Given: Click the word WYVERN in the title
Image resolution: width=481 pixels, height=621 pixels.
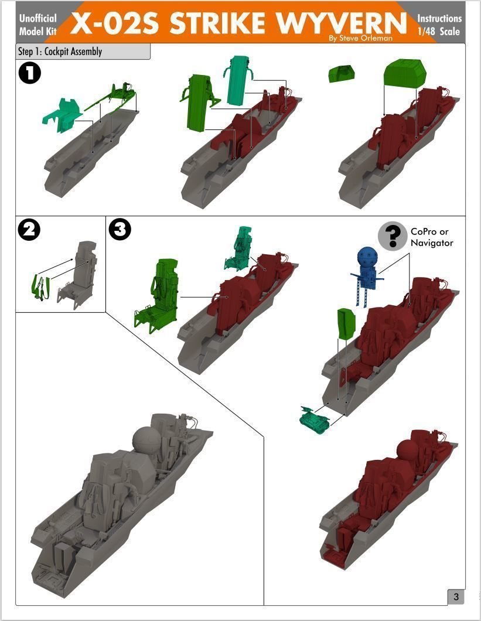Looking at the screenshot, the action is point(342,23).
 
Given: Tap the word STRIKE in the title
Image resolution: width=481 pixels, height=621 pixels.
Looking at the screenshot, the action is point(217,23).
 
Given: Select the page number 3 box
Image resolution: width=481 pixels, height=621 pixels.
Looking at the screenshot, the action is point(456,597).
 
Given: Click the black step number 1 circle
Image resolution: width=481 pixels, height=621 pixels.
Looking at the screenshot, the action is point(30,73).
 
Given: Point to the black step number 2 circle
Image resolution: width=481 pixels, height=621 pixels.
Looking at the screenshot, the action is point(29,230).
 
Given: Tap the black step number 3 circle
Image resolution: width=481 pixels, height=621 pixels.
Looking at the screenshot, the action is point(120,230).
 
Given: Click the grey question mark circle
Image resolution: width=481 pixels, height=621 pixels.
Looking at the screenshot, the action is point(393,236).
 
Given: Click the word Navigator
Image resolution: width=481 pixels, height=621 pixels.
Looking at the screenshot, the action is point(431,243).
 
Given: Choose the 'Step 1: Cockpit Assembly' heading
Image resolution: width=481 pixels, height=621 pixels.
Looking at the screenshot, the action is point(60,52).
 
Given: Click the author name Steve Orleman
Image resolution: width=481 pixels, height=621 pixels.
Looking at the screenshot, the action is point(366,39).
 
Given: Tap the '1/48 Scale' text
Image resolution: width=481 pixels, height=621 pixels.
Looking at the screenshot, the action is point(439,31).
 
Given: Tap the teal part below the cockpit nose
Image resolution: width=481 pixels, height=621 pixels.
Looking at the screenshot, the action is point(315,419).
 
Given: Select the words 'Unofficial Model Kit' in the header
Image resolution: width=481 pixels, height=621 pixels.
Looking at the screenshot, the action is point(38,25).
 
